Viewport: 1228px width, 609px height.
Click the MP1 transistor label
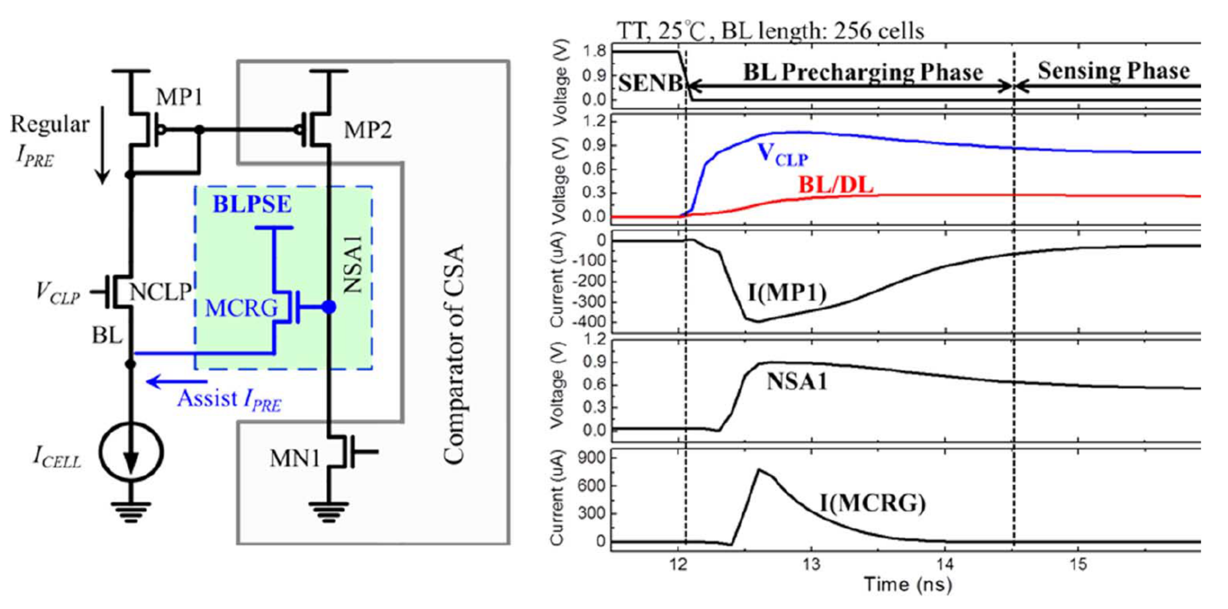[x=179, y=97]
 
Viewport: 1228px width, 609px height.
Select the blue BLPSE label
[x=252, y=204]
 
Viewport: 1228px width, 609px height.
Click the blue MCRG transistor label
[x=241, y=308]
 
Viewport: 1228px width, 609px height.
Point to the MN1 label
[x=295, y=459]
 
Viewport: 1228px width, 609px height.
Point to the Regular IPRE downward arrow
[x=102, y=153]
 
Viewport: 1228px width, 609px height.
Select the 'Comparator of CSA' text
[x=453, y=355]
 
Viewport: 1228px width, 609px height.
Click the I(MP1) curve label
[x=787, y=292]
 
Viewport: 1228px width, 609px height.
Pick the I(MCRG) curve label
[x=872, y=503]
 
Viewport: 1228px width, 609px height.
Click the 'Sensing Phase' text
[x=1114, y=71]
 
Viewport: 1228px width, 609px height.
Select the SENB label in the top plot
[x=650, y=84]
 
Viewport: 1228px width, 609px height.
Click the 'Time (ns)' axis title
[x=908, y=584]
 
